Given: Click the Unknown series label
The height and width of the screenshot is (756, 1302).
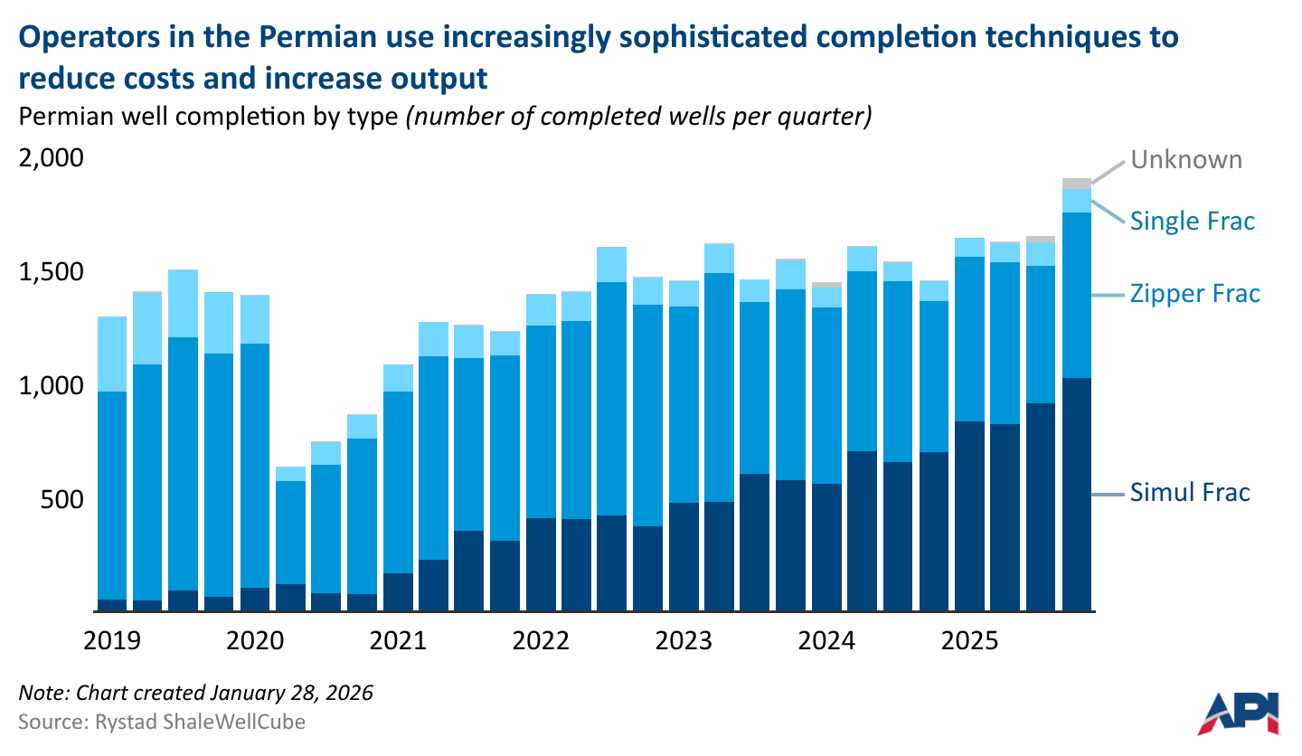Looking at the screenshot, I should pos(1186,160).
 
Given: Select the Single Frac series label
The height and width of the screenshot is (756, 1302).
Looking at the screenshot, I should pos(1193,221).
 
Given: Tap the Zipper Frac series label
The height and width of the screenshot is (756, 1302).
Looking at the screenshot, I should pos(1194,294).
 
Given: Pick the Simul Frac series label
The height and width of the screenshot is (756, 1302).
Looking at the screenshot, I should pos(1190,493).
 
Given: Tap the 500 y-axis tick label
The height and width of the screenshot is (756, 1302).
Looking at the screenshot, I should pos(62,500).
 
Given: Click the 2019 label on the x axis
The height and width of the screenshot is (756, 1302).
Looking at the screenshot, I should pos(112,641).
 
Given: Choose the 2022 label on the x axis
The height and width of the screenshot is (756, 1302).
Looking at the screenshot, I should pos(541,641).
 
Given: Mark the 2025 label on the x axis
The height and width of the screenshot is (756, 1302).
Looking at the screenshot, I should pos(970,641).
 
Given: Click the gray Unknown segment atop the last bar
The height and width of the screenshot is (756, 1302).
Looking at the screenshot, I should pos(1076,184).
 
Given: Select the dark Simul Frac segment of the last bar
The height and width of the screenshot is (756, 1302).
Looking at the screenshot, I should pos(1076,493).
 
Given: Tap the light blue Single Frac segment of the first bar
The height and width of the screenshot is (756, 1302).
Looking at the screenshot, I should pos(112,354).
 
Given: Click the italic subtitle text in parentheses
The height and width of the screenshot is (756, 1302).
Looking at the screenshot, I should pos(637,118).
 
